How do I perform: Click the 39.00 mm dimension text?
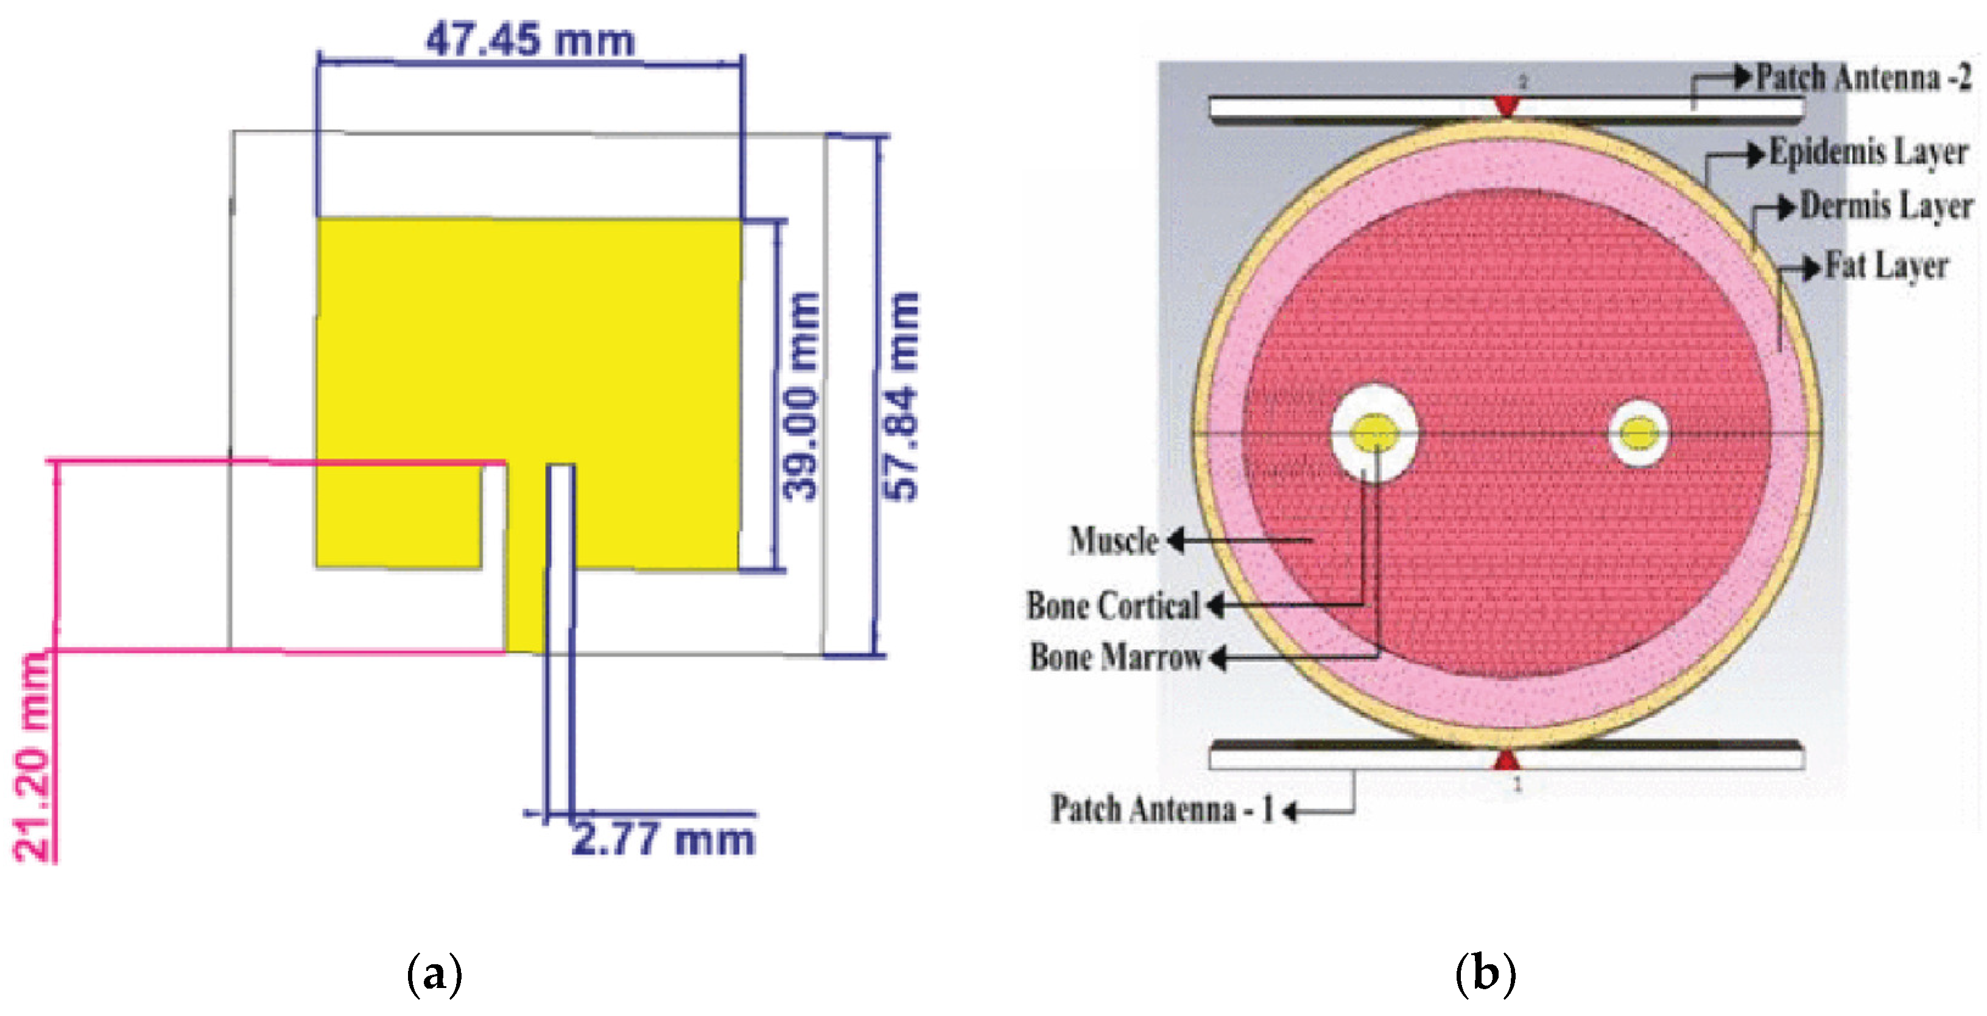(799, 396)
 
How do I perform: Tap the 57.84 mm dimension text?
(901, 396)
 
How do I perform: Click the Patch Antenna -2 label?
(1863, 77)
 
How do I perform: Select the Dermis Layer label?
(1887, 206)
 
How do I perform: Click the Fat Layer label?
(1887, 266)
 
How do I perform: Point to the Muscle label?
(1114, 541)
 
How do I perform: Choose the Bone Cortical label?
(1113, 606)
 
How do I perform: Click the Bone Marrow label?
(1116, 657)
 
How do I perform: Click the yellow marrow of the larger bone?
(1374, 433)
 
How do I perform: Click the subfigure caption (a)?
(434, 973)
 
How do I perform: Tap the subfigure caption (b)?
(1485, 973)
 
